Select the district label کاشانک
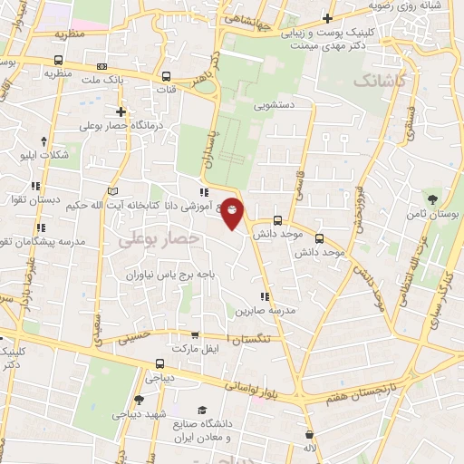click(x=382, y=82)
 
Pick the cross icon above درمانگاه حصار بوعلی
click(x=121, y=111)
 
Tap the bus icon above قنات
click(x=166, y=76)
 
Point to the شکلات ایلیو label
click(x=44, y=155)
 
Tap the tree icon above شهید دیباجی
click(x=139, y=400)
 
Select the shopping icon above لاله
click(x=310, y=434)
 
